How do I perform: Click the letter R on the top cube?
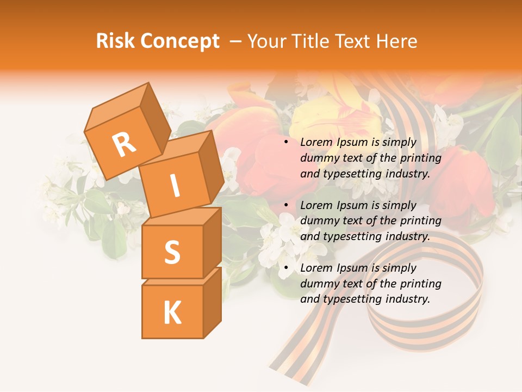pyautogui.click(x=124, y=145)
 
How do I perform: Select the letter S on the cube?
pyautogui.click(x=172, y=252)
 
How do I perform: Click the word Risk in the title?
pyautogui.click(x=116, y=41)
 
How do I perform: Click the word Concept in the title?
pyautogui.click(x=181, y=41)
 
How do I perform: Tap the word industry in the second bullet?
pyautogui.click(x=407, y=237)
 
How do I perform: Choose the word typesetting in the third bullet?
pyautogui.click(x=349, y=299)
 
